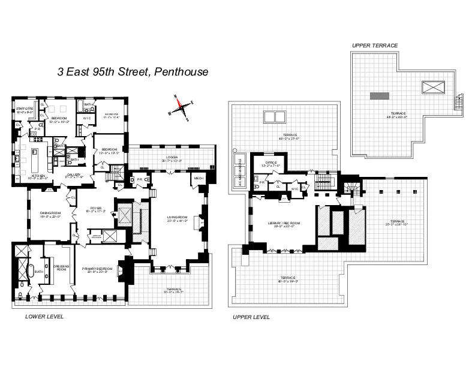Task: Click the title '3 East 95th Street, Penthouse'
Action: click(x=133, y=72)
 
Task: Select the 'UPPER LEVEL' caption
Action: click(x=251, y=317)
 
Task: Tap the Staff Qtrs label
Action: click(x=25, y=109)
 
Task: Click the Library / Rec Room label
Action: click(x=284, y=224)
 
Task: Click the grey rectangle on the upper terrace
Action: click(x=378, y=95)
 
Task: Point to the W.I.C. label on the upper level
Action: click(x=294, y=188)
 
